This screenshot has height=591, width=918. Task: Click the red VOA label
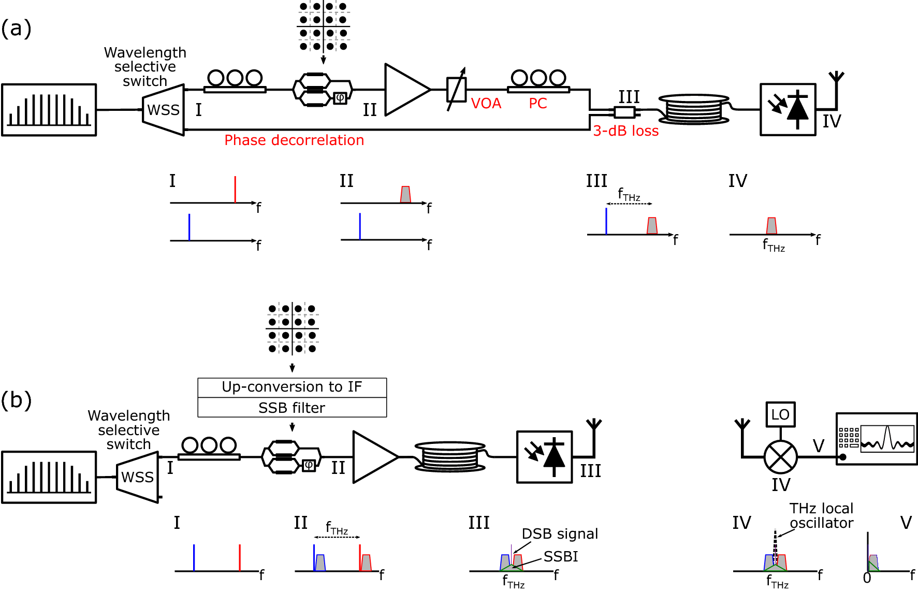pyautogui.click(x=486, y=104)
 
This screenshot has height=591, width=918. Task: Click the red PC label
pyautogui.click(x=537, y=104)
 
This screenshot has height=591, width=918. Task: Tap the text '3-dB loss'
pyautogui.click(x=625, y=131)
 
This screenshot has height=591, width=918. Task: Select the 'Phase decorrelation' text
pyautogui.click(x=294, y=140)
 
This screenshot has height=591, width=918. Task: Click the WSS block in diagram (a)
pyautogui.click(x=164, y=110)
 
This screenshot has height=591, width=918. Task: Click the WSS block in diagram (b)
pyautogui.click(x=138, y=477)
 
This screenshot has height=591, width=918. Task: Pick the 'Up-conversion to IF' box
pyautogui.click(x=292, y=387)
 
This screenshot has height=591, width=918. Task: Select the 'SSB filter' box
pyautogui.click(x=292, y=408)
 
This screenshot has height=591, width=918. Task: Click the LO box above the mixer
pyautogui.click(x=780, y=414)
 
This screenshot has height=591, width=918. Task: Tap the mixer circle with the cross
pyautogui.click(x=780, y=457)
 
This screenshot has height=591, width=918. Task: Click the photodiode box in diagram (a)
pyautogui.click(x=788, y=110)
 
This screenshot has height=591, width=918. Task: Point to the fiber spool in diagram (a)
pyautogui.click(x=694, y=109)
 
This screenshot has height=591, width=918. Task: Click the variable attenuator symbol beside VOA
pyautogui.click(x=456, y=89)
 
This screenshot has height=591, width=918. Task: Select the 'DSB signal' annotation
pyautogui.click(x=559, y=534)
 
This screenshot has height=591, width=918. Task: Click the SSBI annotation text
pyautogui.click(x=561, y=557)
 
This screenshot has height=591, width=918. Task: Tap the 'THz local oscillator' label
pyautogui.click(x=821, y=516)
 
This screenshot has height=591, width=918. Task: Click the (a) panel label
pyautogui.click(x=16, y=28)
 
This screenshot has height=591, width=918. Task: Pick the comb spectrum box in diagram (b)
pyautogui.click(x=49, y=477)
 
